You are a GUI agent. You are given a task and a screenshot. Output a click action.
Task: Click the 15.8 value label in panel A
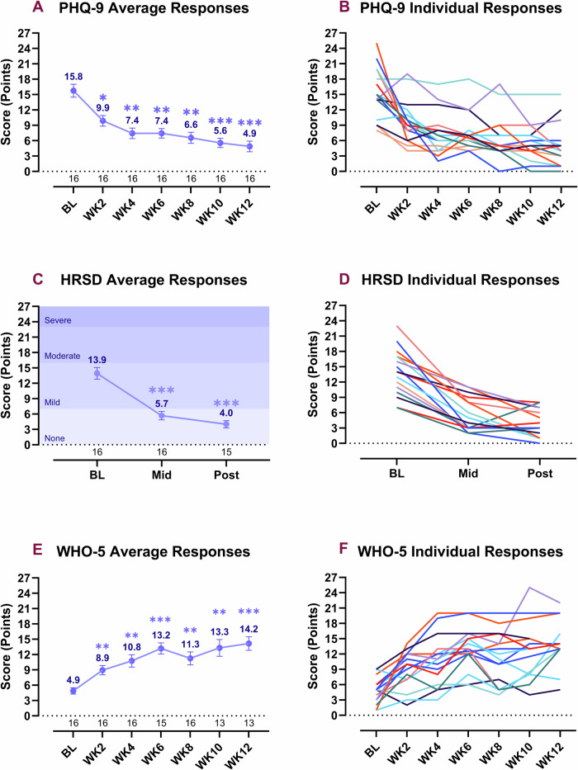pyautogui.click(x=73, y=77)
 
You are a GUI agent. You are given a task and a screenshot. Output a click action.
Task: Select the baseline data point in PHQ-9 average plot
pyautogui.click(x=73, y=91)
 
